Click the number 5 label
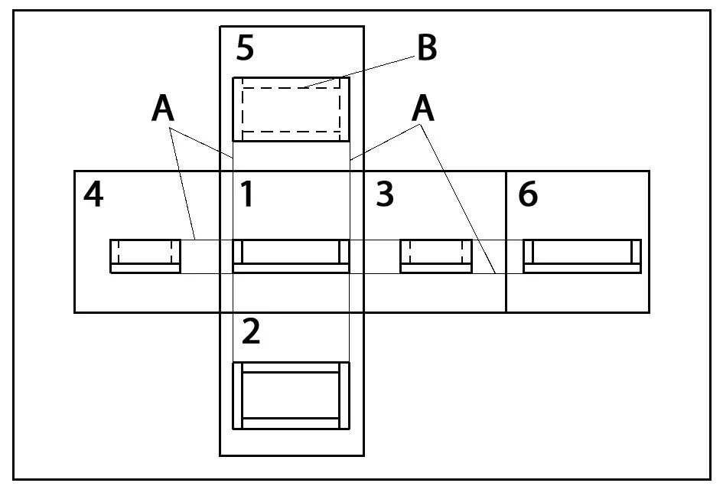point(245,48)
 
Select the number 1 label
point(246,195)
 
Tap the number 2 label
point(250,331)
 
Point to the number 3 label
point(385,195)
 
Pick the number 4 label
point(93,195)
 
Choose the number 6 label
point(528,195)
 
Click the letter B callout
point(427,48)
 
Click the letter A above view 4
point(163,109)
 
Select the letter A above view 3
point(423,109)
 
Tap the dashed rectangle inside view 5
point(291,109)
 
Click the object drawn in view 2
point(291,395)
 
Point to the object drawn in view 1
point(291,256)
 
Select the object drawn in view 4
point(145,256)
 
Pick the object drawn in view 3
point(436,256)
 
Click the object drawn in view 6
point(581,256)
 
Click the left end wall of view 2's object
point(238,395)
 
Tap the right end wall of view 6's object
point(636,252)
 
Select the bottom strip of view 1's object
point(291,268)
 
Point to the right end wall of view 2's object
point(344,395)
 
